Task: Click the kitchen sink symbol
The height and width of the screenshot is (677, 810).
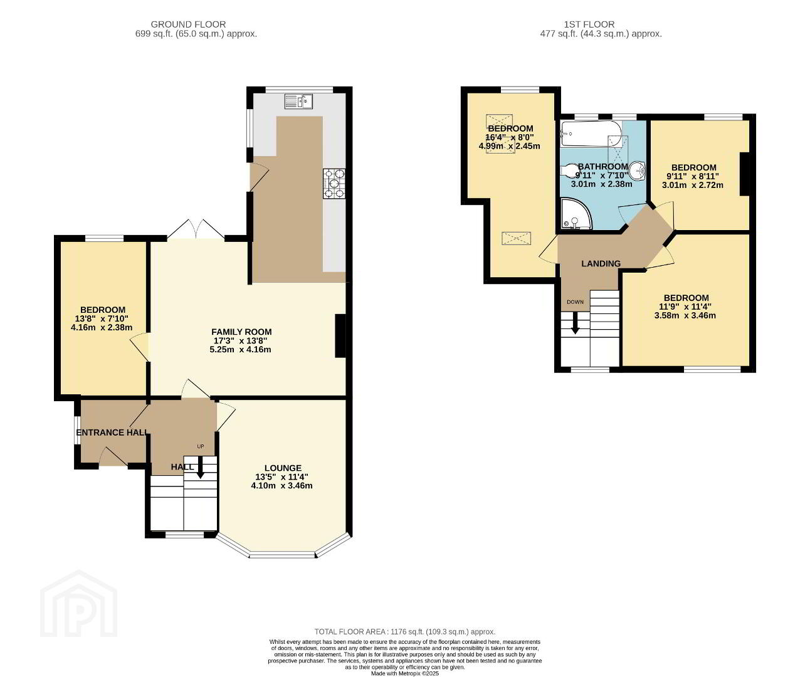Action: coord(298,102)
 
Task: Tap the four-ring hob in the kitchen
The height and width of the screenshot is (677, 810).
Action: coord(334,184)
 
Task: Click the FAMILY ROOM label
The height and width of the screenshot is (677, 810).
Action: coord(241,332)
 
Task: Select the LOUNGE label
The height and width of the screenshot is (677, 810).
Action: coord(283,468)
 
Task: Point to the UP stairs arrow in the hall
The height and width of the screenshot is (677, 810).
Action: coord(200,467)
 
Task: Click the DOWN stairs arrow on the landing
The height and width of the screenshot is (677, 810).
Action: coord(575,322)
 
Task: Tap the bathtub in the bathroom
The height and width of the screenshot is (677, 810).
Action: coord(591,134)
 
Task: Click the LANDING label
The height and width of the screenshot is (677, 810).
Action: coord(601,263)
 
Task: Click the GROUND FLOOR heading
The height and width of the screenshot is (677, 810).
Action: coord(188,24)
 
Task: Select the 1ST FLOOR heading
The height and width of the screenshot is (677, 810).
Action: coord(589,24)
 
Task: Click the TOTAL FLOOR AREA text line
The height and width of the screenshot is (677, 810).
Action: coord(404,632)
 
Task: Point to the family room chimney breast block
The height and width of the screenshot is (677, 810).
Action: coord(340,335)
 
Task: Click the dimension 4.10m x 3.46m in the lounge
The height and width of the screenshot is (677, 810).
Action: coord(281,485)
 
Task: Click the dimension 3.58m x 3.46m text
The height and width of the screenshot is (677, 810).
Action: coord(685,315)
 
